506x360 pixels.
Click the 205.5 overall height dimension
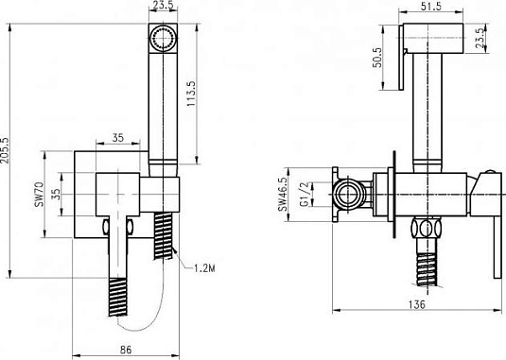(5, 150)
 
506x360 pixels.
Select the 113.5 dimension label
(191, 94)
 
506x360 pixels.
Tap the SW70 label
(40, 195)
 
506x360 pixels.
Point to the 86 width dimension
(126, 350)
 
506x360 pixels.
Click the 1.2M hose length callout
(204, 267)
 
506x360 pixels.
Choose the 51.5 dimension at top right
(431, 7)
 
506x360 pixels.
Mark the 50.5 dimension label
(377, 58)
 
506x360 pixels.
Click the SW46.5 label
(283, 194)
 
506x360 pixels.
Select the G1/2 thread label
(305, 194)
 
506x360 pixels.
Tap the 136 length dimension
(417, 304)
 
